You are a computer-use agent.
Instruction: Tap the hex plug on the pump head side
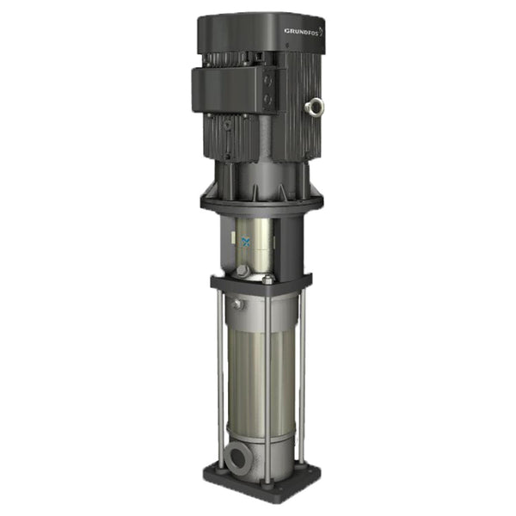234,303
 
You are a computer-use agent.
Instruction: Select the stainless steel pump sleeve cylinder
258,370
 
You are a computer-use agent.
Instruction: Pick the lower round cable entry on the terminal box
267,101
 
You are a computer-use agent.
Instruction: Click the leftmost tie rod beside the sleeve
221,378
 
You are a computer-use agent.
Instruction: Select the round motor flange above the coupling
258,202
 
